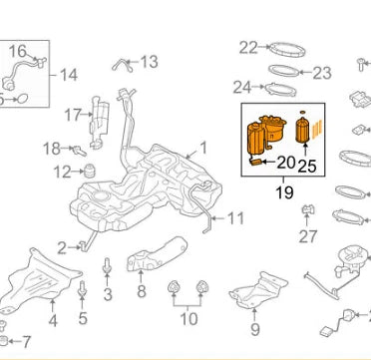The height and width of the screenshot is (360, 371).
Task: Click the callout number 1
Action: tap(202, 147)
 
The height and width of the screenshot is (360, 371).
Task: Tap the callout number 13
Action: tap(149, 63)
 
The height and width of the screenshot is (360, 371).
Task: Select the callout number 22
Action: tap(248, 46)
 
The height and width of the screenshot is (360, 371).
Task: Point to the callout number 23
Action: tap(321, 73)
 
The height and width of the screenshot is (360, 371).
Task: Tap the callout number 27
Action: tap(308, 236)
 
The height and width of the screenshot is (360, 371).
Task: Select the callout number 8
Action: tap(141, 292)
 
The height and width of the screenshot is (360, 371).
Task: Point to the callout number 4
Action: tap(52, 321)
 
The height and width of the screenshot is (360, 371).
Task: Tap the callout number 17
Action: tap(73, 115)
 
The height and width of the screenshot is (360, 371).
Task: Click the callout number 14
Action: tap(69, 75)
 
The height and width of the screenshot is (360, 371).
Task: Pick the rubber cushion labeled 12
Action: tap(88, 171)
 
